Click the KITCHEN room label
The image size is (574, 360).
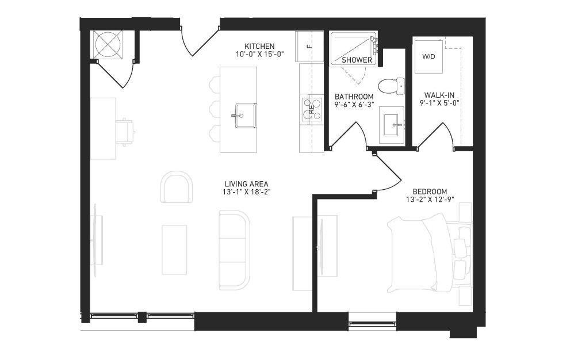pyautogui.click(x=259, y=47)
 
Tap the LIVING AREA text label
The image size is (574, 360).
pyautogui.click(x=246, y=184)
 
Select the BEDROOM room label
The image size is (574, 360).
pyautogui.click(x=430, y=192)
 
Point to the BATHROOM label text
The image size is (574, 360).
pyautogui.click(x=354, y=97)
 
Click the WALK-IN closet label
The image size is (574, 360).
pyautogui.click(x=439, y=95)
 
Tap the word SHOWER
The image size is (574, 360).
pyautogui.click(x=357, y=60)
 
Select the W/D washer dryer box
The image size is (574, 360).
pyautogui.click(x=428, y=57)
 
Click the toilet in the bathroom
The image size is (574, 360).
pyautogui.click(x=391, y=86)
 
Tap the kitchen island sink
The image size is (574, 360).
pyautogui.click(x=245, y=116)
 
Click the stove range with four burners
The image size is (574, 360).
pyautogui.click(x=312, y=109)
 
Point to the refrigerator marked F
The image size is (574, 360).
pyautogui.click(x=309, y=47)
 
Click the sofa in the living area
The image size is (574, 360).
pyautogui.click(x=234, y=250)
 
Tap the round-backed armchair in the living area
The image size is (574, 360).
pyautogui.click(x=177, y=186)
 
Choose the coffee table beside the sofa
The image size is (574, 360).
pyautogui.click(x=174, y=250)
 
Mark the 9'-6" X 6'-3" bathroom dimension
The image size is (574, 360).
pyautogui.click(x=354, y=105)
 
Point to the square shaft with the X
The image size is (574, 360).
pyautogui.click(x=108, y=44)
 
